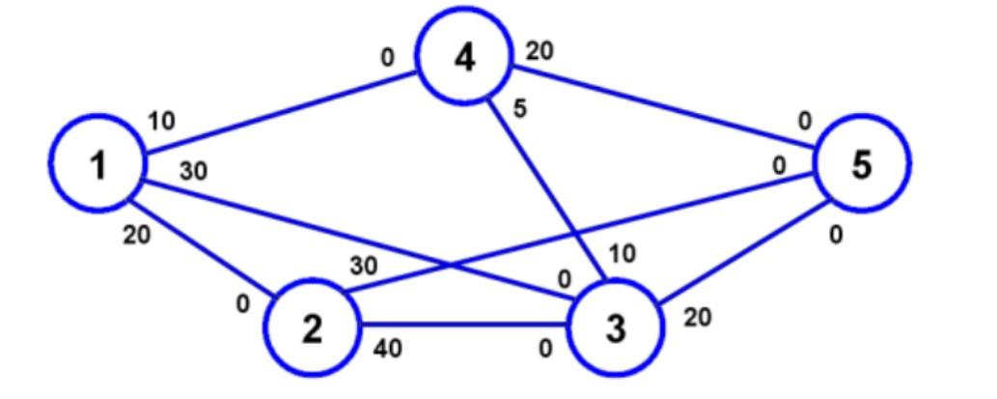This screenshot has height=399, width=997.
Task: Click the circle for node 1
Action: pyautogui.click(x=97, y=165)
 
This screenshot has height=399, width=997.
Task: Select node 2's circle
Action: pyautogui.click(x=311, y=328)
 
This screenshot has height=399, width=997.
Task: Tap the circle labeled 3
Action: pyautogui.click(x=616, y=328)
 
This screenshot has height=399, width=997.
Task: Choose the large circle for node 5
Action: pyautogui.click(x=861, y=164)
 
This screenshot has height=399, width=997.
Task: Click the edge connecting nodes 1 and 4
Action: pyautogui.click(x=280, y=111)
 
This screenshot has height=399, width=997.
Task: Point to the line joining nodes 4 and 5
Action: pyautogui.click(x=666, y=108)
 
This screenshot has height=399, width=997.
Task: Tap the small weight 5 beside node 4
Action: pyautogui.click(x=520, y=109)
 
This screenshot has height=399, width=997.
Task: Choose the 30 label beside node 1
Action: pyautogui.click(x=193, y=171)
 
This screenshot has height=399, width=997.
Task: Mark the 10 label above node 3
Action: pyautogui.click(x=623, y=254)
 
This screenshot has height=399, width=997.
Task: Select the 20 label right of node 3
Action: pyautogui.click(x=697, y=317)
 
